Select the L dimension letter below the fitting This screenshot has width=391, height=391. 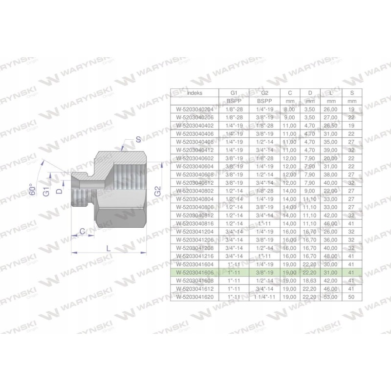tap(108, 248)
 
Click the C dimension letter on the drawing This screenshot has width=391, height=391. tap(83, 231)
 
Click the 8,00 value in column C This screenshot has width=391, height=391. tap(289, 110)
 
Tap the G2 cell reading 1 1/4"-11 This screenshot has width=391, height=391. tap(264, 296)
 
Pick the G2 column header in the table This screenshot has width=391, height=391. tap(264, 92)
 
